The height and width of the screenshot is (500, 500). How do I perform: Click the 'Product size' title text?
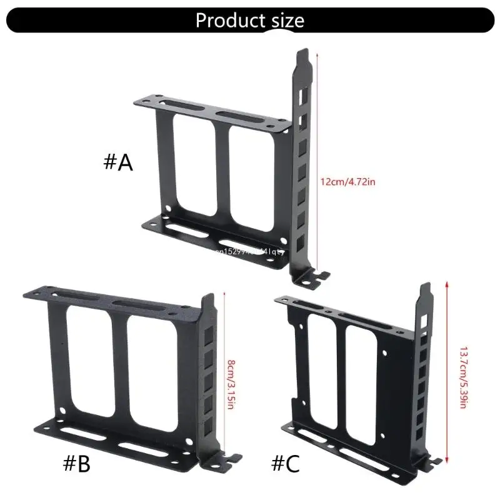pyautogui.click(x=250, y=20)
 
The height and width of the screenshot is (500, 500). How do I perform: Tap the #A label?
pyautogui.click(x=118, y=162)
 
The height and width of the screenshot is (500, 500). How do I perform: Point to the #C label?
pyautogui.click(x=285, y=464)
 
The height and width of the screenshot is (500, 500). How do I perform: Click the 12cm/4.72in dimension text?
pyautogui.click(x=348, y=181)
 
